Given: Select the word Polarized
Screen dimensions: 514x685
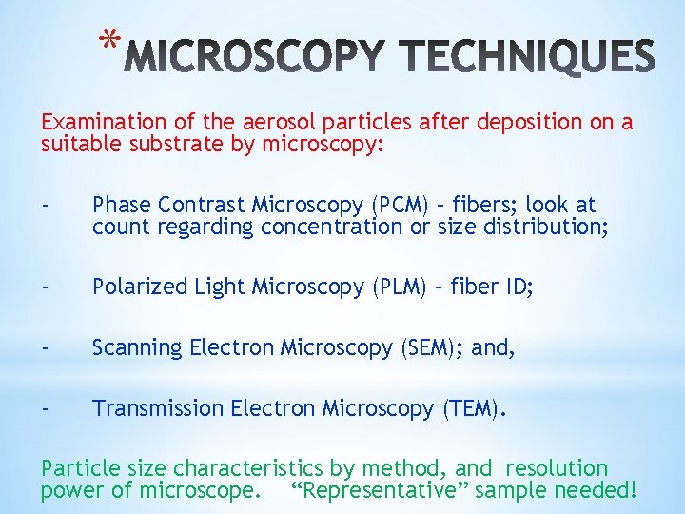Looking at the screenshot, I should point(134,287).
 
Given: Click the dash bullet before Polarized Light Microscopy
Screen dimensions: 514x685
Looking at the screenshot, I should point(45,287).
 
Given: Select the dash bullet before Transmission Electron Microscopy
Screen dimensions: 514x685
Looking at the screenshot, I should point(45,409).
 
